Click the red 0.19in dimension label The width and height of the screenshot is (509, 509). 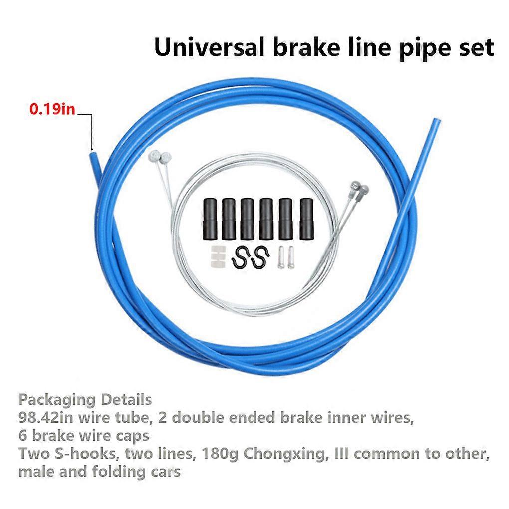[52, 109]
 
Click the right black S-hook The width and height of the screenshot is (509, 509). [260, 258]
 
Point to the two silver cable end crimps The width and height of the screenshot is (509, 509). [286, 257]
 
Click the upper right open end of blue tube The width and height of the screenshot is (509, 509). [436, 121]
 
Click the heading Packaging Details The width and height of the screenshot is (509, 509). [85, 400]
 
